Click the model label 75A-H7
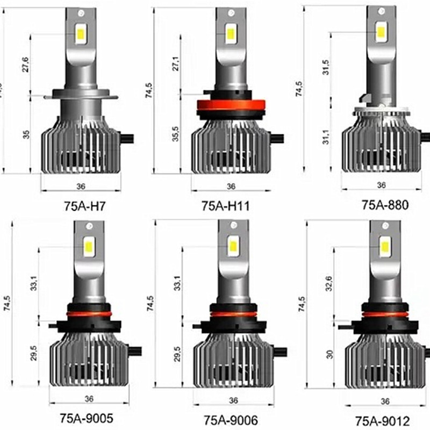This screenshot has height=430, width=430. pos(87,206)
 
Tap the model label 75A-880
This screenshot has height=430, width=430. pos(385,204)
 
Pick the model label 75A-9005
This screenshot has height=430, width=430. pos(86,418)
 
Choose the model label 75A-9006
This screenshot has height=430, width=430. pos(231,419)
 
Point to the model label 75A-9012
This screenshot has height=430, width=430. pos(382,419)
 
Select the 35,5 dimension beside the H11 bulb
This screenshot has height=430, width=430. pos(177,134)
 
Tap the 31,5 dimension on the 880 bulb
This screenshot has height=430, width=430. pos(325,68)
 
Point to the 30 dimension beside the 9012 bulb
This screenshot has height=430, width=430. pos(329,354)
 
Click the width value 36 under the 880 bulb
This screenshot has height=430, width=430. pos(381,185)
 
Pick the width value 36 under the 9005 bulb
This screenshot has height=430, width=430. pos(89,398)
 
